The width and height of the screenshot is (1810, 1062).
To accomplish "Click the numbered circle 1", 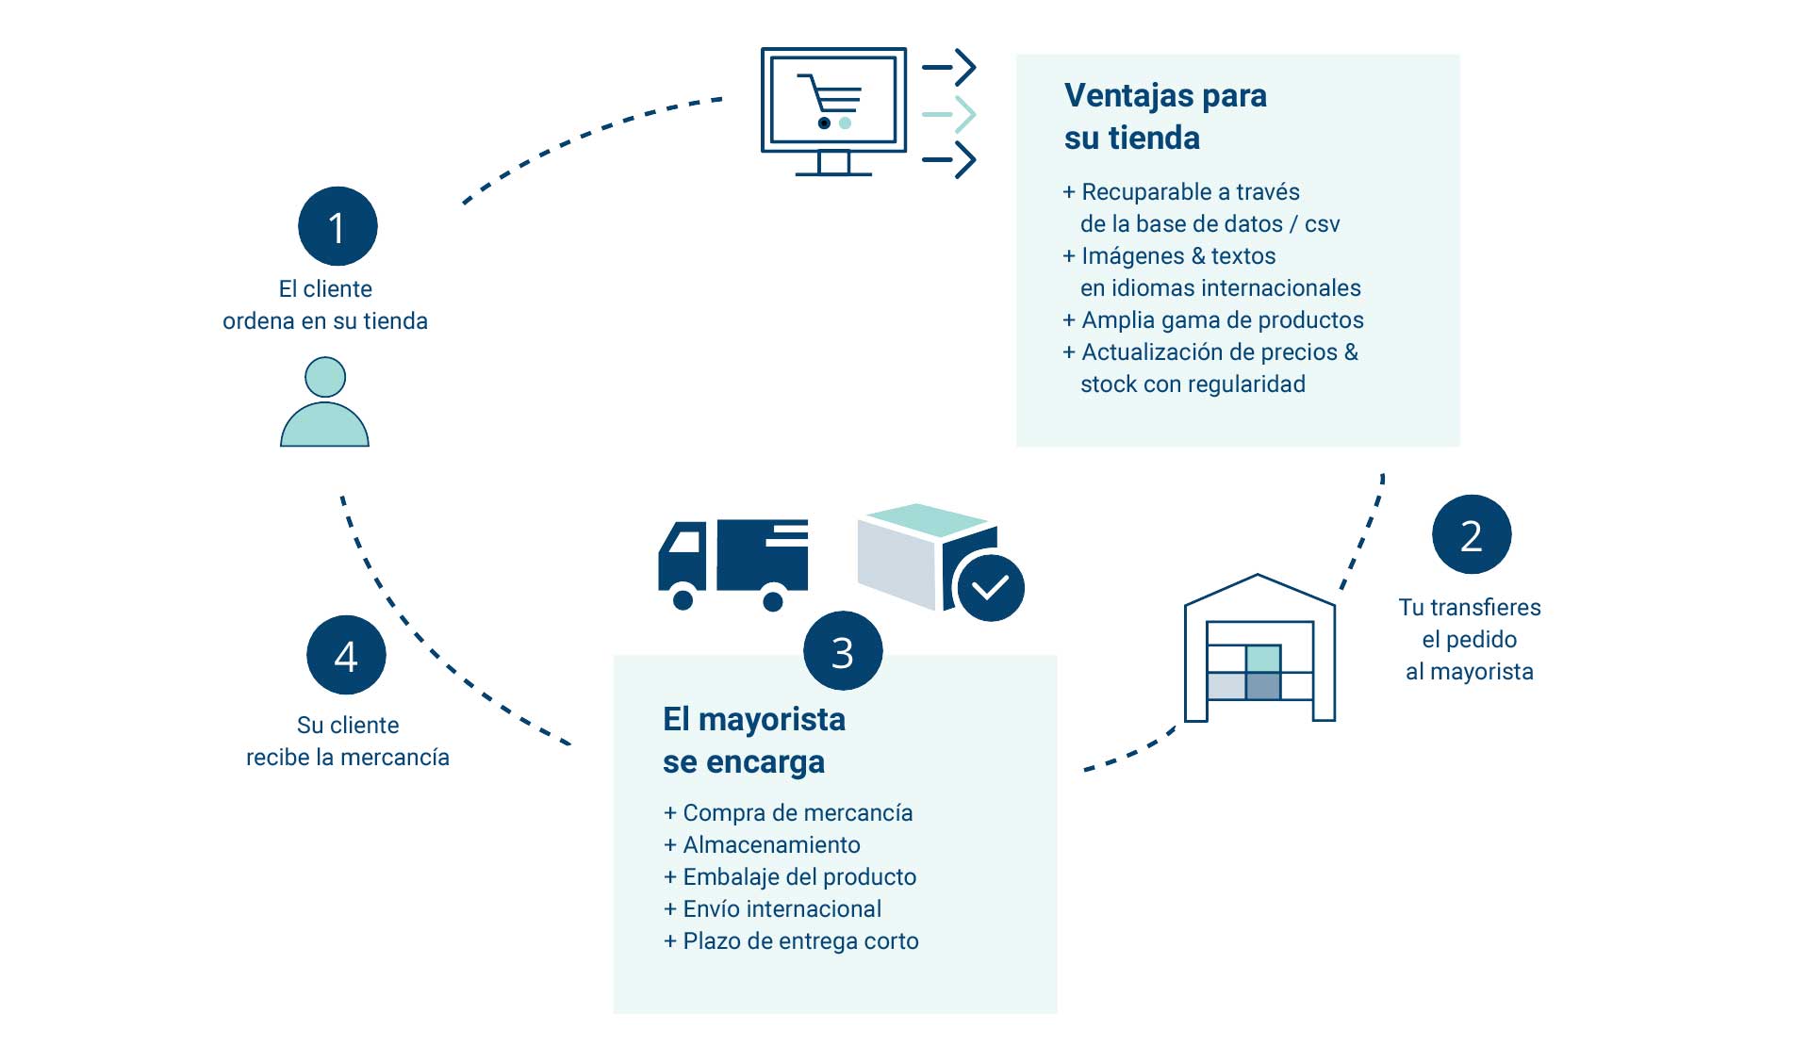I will (x=337, y=226).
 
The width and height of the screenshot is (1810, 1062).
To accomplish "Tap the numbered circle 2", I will (x=1471, y=534).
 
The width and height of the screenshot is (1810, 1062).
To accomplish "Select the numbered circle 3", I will (x=843, y=651).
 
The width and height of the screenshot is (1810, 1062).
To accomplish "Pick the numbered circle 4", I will (x=346, y=655).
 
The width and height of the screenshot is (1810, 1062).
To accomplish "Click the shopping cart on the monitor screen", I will (x=831, y=101).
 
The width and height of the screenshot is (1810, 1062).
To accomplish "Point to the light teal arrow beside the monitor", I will (x=949, y=114).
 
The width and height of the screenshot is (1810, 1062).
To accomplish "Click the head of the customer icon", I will (x=325, y=377).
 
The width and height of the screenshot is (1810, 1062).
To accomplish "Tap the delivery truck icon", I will (x=733, y=564).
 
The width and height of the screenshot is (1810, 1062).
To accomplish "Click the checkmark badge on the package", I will (x=990, y=588).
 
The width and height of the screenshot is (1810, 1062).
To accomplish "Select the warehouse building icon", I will (x=1259, y=650).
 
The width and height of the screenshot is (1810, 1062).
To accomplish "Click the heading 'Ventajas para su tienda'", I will (x=1165, y=116).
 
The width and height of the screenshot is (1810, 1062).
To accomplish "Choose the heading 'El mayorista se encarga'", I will (x=753, y=740).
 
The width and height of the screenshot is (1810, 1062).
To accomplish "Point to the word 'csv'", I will (x=1322, y=224).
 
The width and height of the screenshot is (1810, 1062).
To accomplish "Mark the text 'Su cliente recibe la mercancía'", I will (x=348, y=741).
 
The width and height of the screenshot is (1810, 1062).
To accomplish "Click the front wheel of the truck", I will (x=683, y=598).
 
